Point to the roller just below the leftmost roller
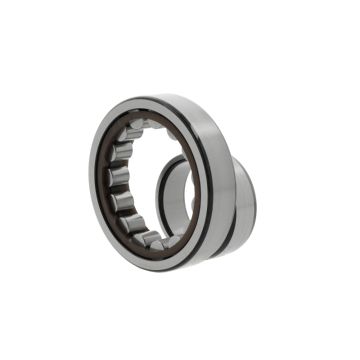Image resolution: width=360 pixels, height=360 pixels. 119,203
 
